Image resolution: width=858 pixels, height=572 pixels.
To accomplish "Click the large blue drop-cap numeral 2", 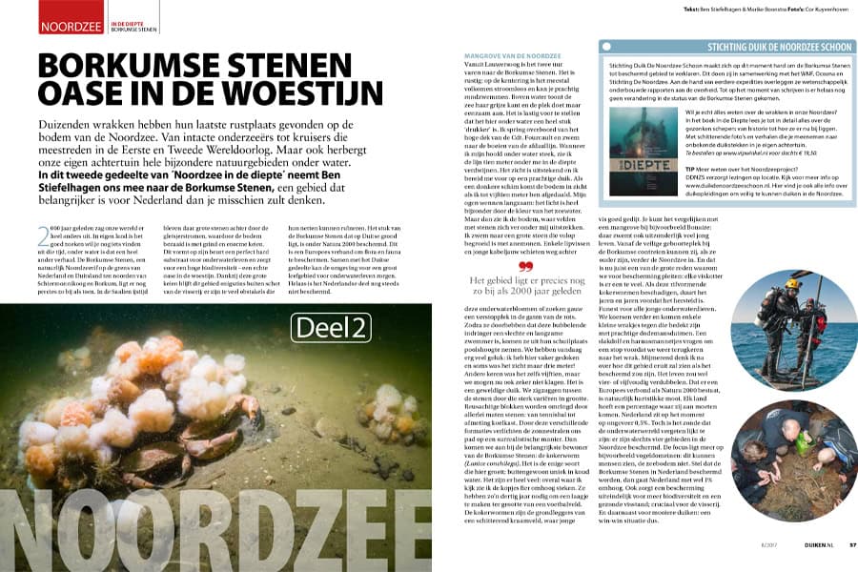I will (x=45, y=235).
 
